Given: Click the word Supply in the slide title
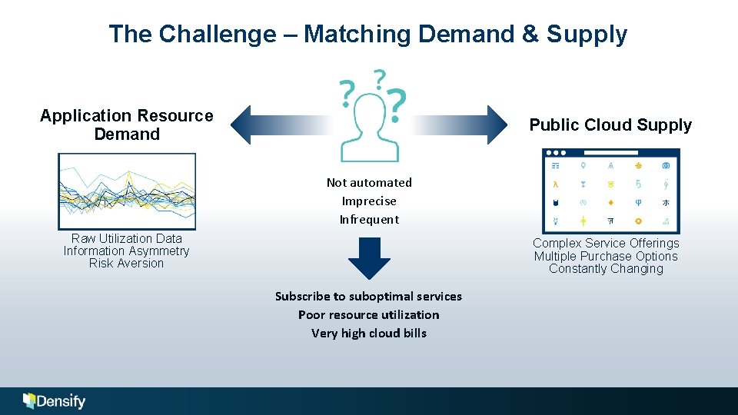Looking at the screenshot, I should tap(587, 34).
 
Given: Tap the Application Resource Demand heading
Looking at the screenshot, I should tap(127, 124).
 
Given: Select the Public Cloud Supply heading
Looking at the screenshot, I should tap(610, 124).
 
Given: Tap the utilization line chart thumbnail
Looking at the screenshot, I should tap(127, 191).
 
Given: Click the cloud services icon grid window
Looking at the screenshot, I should tap(610, 191).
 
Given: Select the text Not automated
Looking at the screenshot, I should tap(369, 182).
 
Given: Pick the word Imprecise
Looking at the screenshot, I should tap(369, 201).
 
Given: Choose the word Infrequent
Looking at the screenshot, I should tap(369, 219).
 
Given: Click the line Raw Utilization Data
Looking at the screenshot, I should tap(126, 238).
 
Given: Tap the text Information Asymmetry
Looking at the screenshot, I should tap(126, 251).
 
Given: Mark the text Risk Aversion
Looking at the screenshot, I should tap(126, 263).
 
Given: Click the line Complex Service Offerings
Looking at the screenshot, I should tap(606, 243).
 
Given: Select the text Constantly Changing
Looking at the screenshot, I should tap(606, 268).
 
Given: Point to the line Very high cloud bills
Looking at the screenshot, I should tap(369, 333).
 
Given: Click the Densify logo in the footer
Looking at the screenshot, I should tap(55, 400).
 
